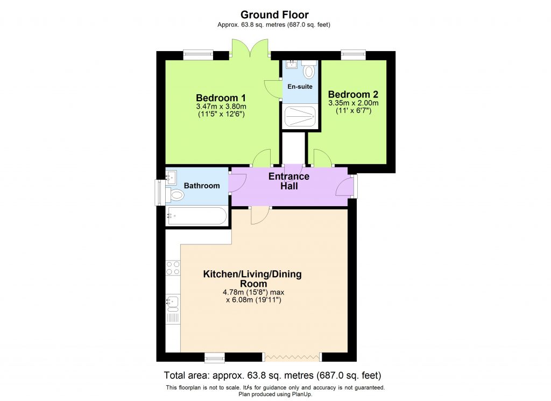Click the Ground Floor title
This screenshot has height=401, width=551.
(x=274, y=15)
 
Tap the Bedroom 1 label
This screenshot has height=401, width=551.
(x=221, y=98)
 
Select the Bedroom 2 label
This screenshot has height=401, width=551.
(x=353, y=94)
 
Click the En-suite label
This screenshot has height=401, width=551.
(x=300, y=86)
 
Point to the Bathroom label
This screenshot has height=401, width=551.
(x=202, y=186)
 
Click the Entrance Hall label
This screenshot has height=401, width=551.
(x=289, y=181)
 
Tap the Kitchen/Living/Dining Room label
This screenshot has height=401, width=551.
(x=252, y=279)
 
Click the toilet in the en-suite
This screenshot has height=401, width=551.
(x=309, y=71)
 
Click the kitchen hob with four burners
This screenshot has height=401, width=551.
(x=173, y=268)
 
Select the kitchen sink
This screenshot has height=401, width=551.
(x=173, y=304)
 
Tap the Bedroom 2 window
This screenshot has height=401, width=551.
(x=353, y=53)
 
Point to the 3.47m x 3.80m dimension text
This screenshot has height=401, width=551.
(x=221, y=107)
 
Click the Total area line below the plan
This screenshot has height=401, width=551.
(x=275, y=375)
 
